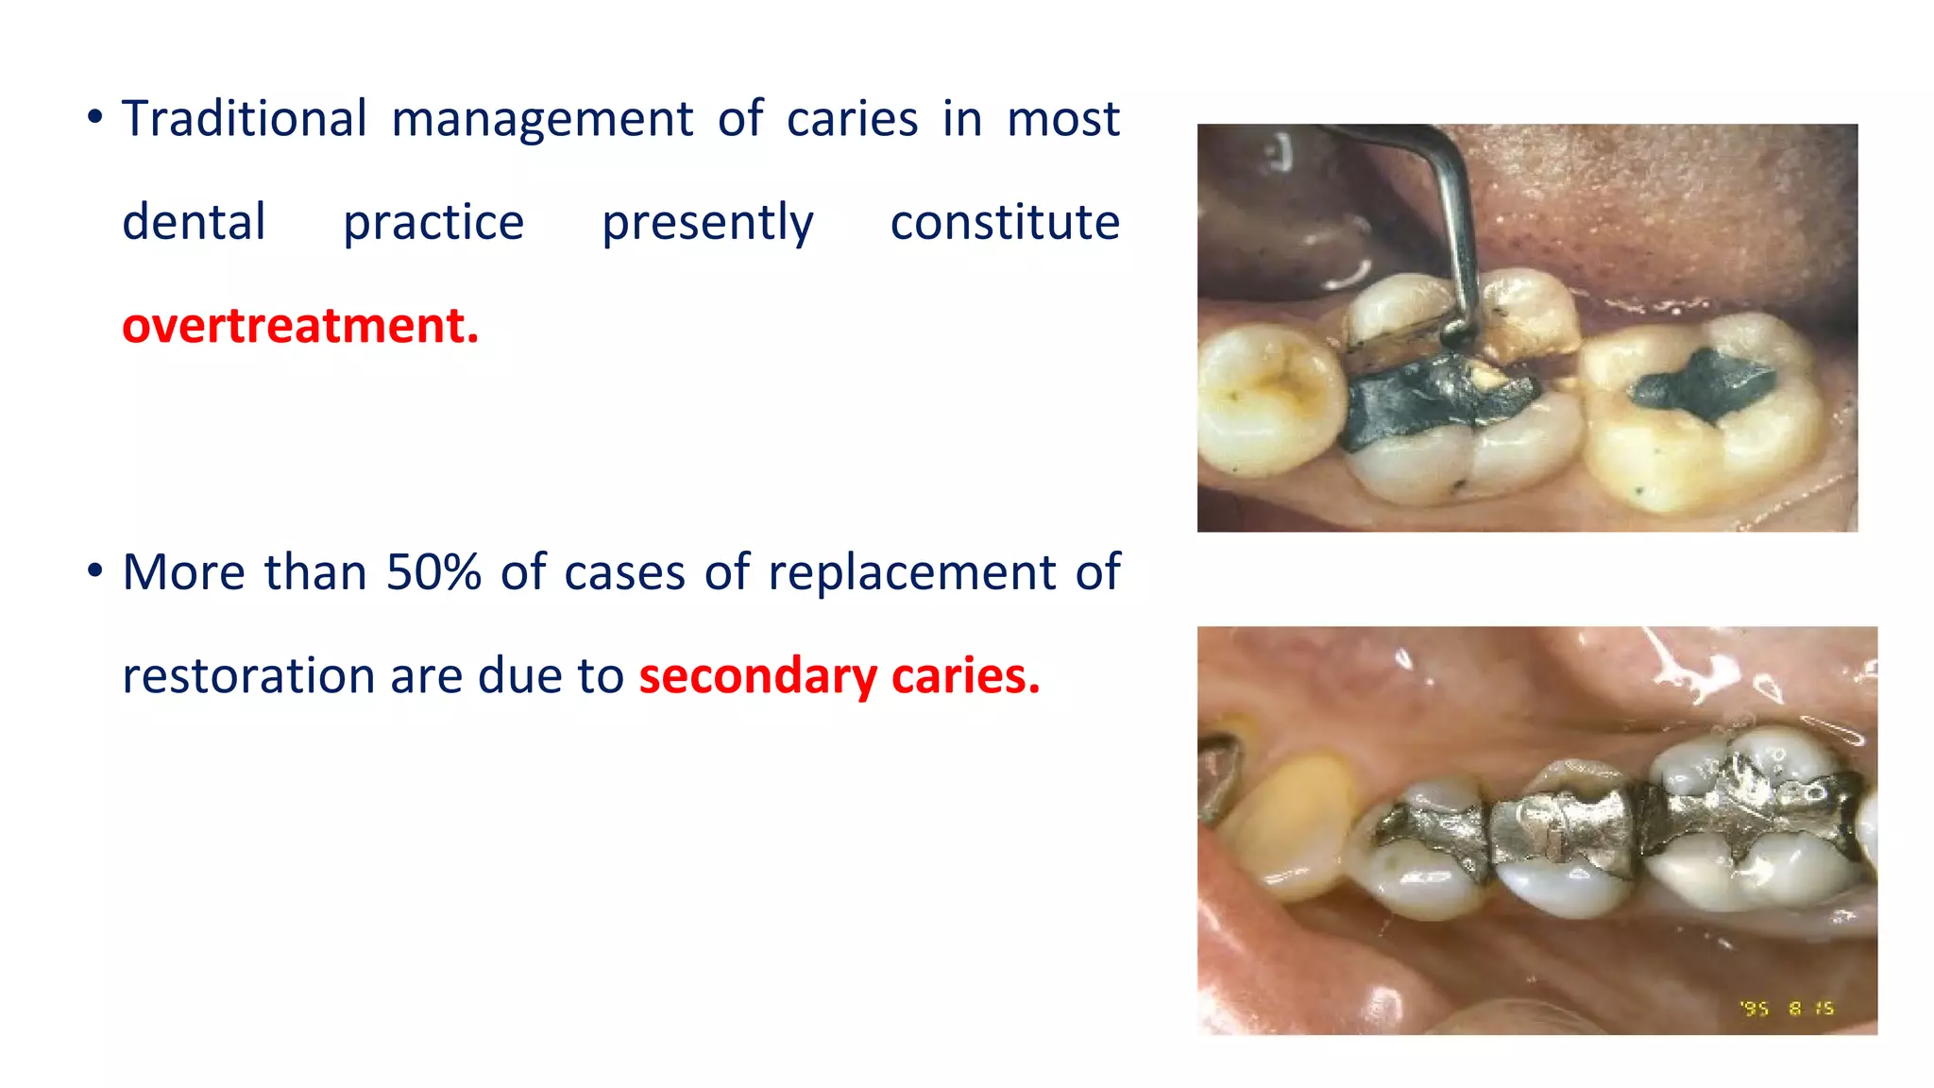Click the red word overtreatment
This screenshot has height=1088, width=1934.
pyautogui.click(x=300, y=326)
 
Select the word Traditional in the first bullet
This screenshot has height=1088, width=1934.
pyautogui.click(x=245, y=120)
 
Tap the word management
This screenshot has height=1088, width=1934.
pyautogui.click(x=542, y=120)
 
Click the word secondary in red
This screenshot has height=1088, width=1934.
pyautogui.click(x=758, y=676)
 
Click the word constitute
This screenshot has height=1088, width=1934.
pyautogui.click(x=1005, y=223)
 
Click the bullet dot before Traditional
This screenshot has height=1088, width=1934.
pyautogui.click(x=94, y=118)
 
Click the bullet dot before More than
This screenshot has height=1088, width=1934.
pyautogui.click(x=94, y=571)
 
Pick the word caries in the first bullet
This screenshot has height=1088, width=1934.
pyautogui.click(x=852, y=120)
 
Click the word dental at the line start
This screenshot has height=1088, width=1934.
pyautogui.click(x=194, y=223)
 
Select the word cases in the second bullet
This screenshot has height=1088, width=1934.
pyautogui.click(x=623, y=573)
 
